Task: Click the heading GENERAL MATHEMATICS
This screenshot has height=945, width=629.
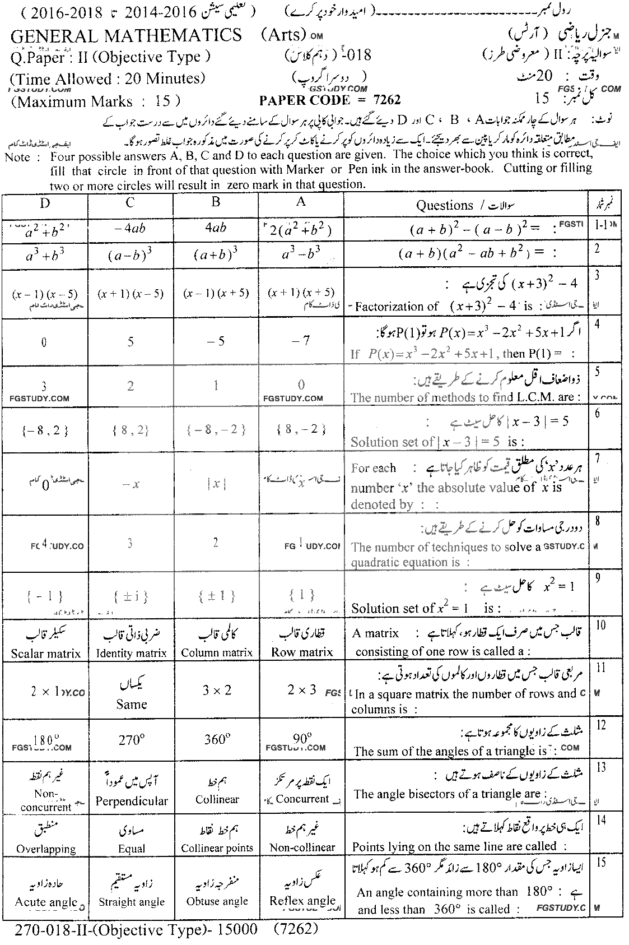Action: point(127,36)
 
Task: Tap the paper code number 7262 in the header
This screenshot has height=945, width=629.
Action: point(387,100)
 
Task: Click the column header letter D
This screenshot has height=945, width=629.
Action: point(45,203)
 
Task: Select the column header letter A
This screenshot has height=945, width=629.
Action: point(301,202)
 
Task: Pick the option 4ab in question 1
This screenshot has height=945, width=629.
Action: point(216,228)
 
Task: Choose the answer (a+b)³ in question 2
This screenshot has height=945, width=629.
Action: point(216,255)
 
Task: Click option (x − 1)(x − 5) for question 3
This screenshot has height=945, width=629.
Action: point(44,294)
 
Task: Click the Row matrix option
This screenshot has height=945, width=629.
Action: point(302,652)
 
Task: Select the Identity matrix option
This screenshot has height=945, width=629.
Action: point(132,653)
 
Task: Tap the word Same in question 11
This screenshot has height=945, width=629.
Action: point(132,704)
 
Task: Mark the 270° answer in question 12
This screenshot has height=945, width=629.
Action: point(132,740)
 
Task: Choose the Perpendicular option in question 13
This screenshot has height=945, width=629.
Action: point(132,801)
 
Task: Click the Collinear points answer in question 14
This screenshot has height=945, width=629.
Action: point(217,848)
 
